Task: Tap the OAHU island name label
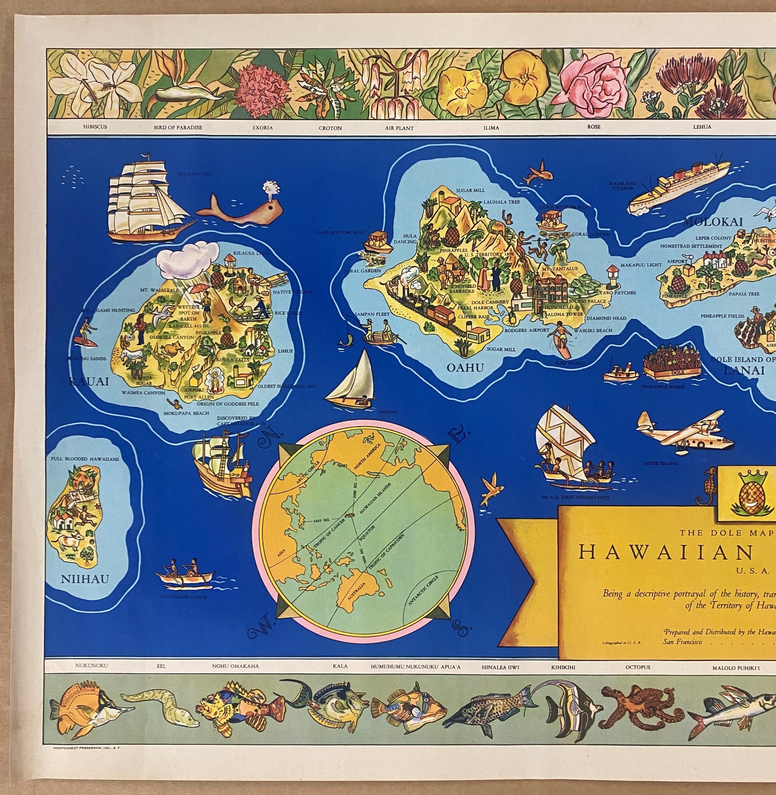pos(465,368)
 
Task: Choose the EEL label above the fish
pos(161,667)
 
